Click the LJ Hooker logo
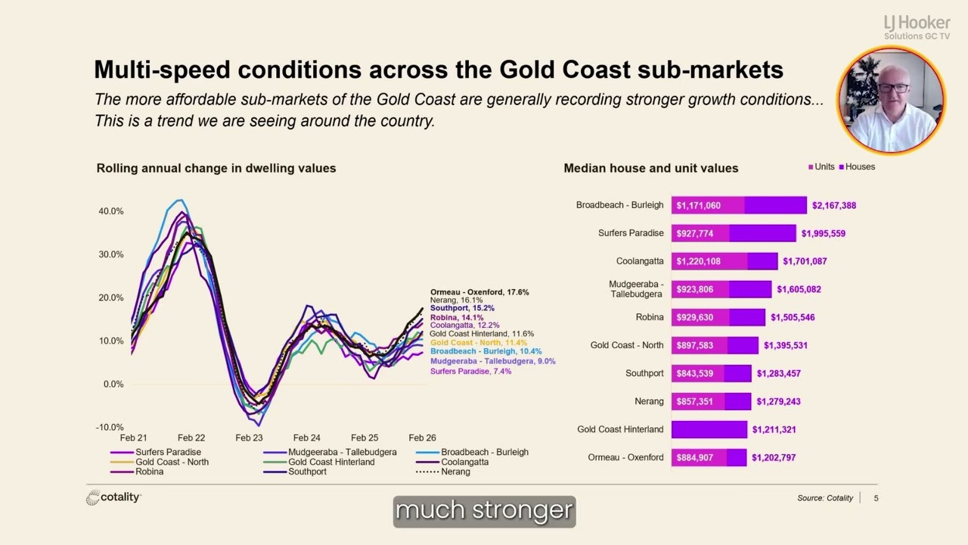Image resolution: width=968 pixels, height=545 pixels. pyautogui.click(x=917, y=27)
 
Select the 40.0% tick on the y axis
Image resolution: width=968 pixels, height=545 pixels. pyautogui.click(x=111, y=211)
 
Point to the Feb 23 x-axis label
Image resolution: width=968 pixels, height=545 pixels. pyautogui.click(x=249, y=438)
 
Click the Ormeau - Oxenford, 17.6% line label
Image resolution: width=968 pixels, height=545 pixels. pyautogui.click(x=479, y=292)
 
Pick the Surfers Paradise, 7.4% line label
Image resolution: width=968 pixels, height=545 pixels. pyautogui.click(x=470, y=371)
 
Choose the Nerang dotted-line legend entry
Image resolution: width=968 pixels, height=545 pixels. pyautogui.click(x=443, y=472)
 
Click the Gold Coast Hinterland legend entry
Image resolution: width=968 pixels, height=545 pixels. pyautogui.click(x=319, y=462)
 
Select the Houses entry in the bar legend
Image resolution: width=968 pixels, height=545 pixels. pyautogui.click(x=857, y=167)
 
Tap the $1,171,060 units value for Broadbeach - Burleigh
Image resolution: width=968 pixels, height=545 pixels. pyautogui.click(x=698, y=205)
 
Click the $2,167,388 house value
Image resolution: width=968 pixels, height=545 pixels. pyautogui.click(x=834, y=205)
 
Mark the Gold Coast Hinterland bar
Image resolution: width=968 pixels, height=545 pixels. pyautogui.click(x=709, y=429)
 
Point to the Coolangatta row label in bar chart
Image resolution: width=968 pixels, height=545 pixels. pyautogui.click(x=640, y=261)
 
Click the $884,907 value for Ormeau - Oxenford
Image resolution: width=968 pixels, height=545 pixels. pyautogui.click(x=695, y=458)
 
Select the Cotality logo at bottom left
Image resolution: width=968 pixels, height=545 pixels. pyautogui.click(x=113, y=497)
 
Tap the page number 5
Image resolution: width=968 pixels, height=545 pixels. pyautogui.click(x=876, y=498)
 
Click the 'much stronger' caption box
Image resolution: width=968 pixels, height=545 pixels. pyautogui.click(x=485, y=511)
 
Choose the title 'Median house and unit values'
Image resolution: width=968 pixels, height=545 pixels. pyautogui.click(x=651, y=168)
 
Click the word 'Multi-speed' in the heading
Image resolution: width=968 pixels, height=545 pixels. pyautogui.click(x=162, y=70)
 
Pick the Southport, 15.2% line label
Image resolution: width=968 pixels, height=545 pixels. pyautogui.click(x=462, y=308)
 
